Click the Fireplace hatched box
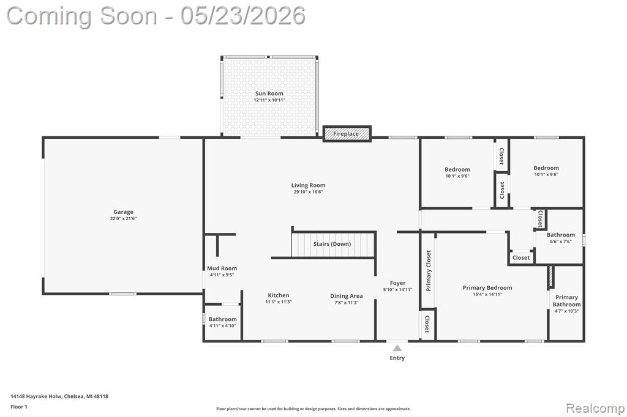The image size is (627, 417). (347, 134)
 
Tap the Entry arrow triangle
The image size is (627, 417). (397, 348)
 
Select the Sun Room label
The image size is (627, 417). (269, 94)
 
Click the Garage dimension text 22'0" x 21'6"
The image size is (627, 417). (123, 218)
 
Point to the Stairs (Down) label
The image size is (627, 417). (332, 243)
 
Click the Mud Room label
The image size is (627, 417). (222, 268)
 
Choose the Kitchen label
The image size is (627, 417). (279, 295)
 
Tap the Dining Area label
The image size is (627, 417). (347, 296)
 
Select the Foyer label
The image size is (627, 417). (397, 283)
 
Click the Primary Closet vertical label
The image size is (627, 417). (429, 271)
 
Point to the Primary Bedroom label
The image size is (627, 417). (487, 287)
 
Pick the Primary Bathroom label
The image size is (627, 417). (566, 301)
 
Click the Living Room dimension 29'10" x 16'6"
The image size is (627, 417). (309, 192)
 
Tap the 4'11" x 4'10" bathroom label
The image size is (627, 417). (223, 325)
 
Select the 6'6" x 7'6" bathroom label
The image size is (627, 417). (561, 242)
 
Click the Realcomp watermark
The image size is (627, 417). (595, 408)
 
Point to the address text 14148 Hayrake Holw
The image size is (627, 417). (36, 396)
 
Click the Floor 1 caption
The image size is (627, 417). (19, 407)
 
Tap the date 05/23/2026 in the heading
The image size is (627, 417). (242, 16)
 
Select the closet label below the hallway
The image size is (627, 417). (521, 257)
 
